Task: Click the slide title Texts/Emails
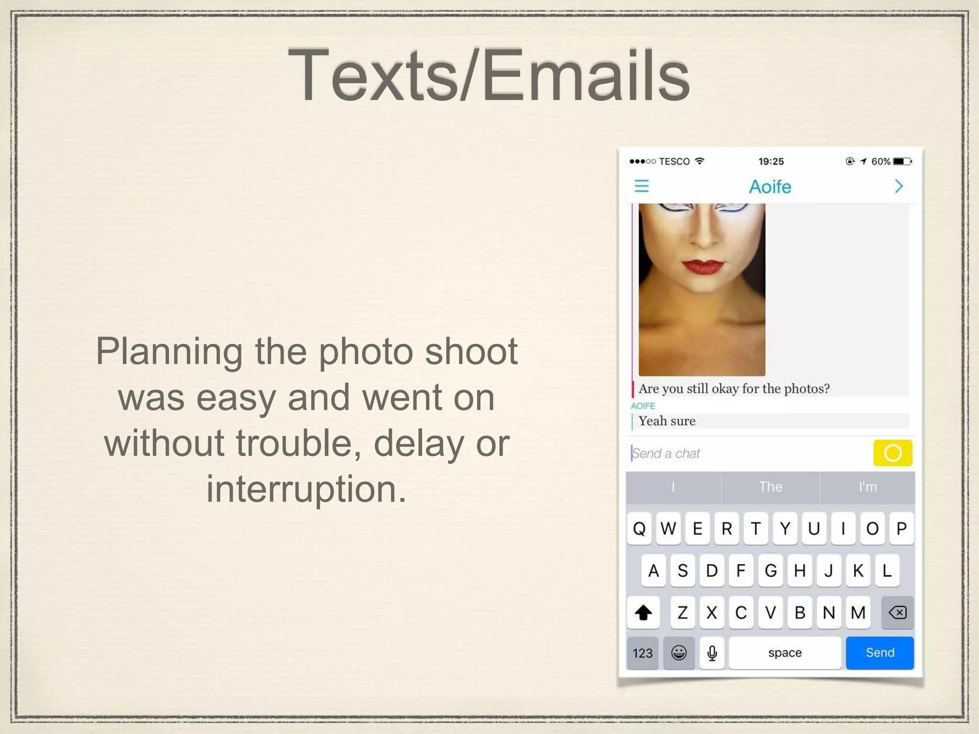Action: (x=489, y=76)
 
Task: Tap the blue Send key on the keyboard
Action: (x=880, y=652)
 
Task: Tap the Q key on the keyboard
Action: (x=639, y=529)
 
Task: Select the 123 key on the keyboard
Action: (x=642, y=653)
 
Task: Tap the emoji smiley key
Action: (x=679, y=653)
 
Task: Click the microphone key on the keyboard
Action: (x=712, y=653)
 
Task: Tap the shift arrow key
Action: (x=643, y=612)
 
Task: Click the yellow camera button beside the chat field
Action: (x=892, y=453)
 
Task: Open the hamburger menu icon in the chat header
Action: (x=642, y=186)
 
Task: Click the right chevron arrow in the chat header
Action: (x=899, y=186)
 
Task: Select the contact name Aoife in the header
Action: (x=770, y=186)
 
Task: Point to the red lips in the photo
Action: (x=703, y=267)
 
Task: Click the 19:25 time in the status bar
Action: (x=771, y=162)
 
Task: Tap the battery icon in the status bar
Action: (x=903, y=162)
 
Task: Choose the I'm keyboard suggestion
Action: (x=868, y=487)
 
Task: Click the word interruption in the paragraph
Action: (x=306, y=489)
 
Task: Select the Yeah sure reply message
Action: (x=667, y=421)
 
